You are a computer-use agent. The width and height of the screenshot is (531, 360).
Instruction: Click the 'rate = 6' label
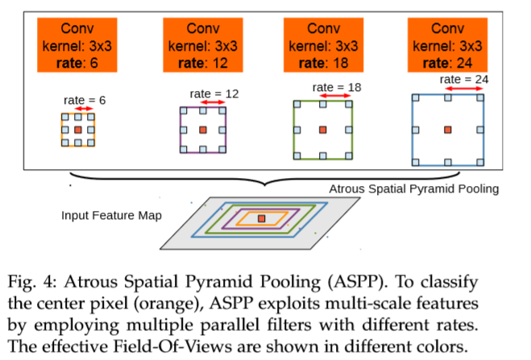pyautogui.click(x=85, y=100)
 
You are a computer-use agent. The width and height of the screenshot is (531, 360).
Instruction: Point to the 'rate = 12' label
pyautogui.click(x=214, y=93)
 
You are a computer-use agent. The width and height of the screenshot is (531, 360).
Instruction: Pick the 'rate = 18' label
pyautogui.click(x=337, y=86)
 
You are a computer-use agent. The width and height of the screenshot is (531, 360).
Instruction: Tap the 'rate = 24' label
pyautogui.click(x=465, y=79)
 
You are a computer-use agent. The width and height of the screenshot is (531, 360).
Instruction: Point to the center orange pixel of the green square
pyautogui.click(x=323, y=129)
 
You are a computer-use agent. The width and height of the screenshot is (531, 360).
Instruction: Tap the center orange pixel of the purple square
pyautogui.click(x=201, y=129)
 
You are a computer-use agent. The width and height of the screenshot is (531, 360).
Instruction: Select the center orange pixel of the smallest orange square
pyautogui.click(x=78, y=130)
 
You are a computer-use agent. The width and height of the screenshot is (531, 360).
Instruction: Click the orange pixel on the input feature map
pyautogui.click(x=261, y=218)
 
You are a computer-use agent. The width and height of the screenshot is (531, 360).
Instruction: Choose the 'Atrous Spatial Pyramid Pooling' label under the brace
pyautogui.click(x=414, y=189)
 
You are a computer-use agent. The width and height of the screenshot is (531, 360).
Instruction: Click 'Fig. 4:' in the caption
pyautogui.click(x=39, y=283)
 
